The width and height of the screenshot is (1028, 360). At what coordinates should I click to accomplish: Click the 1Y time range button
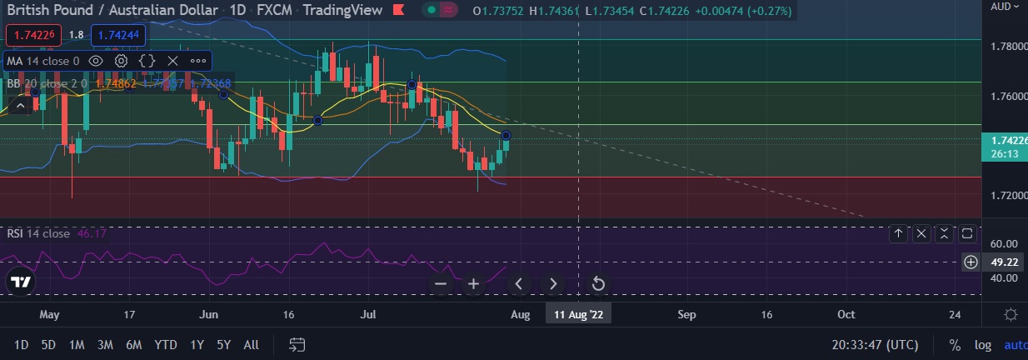(x=197, y=345)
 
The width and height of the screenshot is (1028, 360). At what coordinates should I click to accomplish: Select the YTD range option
(x=166, y=345)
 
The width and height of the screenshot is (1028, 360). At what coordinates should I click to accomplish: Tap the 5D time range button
(x=48, y=345)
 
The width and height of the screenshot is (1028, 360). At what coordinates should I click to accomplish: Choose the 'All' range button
(x=251, y=345)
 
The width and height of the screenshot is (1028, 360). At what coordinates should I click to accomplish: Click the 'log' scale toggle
(x=983, y=345)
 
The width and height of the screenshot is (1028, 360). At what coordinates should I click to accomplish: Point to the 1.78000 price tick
(x=1005, y=46)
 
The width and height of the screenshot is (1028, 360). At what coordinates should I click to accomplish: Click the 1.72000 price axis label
(x=1005, y=195)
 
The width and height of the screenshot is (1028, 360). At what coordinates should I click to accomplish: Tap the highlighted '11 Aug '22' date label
(x=578, y=314)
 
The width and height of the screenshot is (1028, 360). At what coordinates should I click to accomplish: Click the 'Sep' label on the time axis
(x=686, y=314)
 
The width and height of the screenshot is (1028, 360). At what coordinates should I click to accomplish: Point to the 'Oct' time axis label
(x=846, y=314)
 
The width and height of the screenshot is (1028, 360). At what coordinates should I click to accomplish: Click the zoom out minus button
(x=441, y=284)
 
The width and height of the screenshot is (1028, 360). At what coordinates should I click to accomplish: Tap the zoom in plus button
(x=474, y=284)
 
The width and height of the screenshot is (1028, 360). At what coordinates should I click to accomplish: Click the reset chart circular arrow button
(x=597, y=284)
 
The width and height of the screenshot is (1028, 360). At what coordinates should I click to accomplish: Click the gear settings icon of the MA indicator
(x=122, y=61)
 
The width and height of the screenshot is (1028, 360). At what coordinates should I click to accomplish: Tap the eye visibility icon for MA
(x=96, y=61)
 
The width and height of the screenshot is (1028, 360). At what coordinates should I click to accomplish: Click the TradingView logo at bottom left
(x=21, y=282)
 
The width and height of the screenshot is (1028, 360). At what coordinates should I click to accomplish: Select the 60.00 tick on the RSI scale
(x=1005, y=243)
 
